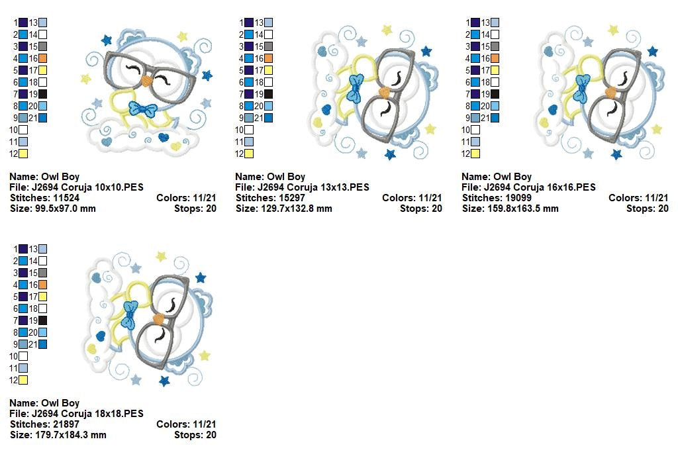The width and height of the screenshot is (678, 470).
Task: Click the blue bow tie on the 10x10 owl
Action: point(143,109)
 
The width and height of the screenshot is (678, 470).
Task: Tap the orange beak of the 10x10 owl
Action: point(147,81)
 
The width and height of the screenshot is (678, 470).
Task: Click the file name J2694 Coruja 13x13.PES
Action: point(313,187)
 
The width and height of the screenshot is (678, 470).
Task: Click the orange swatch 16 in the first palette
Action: point(43,58)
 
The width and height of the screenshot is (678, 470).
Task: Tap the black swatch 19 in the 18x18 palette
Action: point(43,320)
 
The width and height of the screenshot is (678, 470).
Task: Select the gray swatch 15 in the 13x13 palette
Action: point(269,46)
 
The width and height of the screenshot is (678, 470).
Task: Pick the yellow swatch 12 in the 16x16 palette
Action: point(475,154)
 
